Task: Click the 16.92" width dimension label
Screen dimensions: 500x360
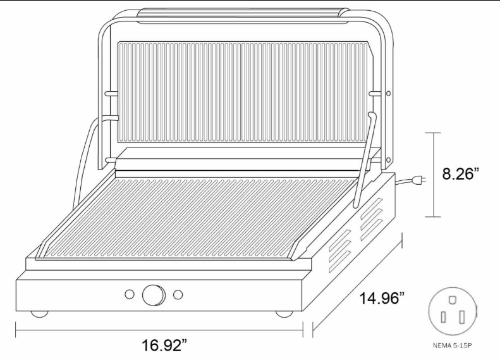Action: [x=164, y=345]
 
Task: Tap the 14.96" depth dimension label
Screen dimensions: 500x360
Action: [x=382, y=299]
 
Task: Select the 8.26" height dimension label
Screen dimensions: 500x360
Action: [x=460, y=174]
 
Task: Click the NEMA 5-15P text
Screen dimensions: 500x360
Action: [x=451, y=345]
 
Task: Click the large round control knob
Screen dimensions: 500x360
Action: [x=154, y=295]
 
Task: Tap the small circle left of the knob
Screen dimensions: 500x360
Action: [x=129, y=294]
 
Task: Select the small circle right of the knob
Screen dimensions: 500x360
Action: [x=178, y=295]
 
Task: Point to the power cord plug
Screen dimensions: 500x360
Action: [x=418, y=180]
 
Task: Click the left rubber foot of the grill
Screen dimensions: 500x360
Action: [x=40, y=314]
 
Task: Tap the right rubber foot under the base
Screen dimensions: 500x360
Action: [x=284, y=314]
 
